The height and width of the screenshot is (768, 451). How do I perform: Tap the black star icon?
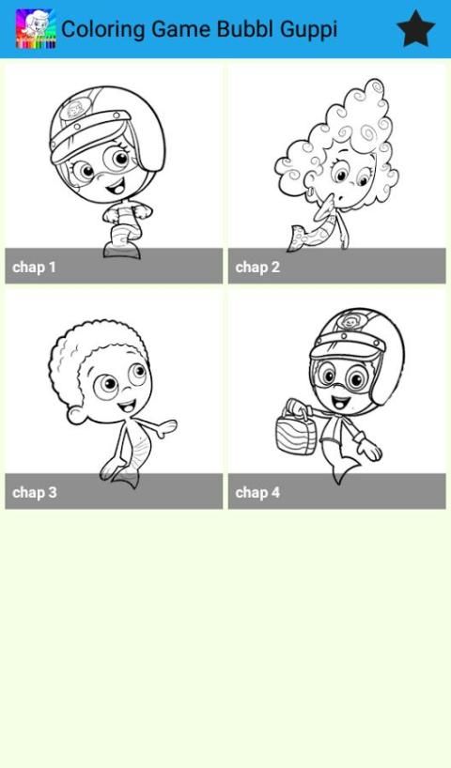415,29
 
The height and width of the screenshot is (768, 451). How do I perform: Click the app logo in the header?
36,29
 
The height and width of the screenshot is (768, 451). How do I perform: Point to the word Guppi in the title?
308,29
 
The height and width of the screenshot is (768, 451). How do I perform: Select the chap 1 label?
34,268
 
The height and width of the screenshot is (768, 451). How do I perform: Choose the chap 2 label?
257,268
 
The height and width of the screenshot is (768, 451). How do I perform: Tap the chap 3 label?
35,492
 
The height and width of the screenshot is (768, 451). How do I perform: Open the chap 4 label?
257,492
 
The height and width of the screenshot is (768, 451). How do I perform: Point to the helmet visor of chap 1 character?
92,133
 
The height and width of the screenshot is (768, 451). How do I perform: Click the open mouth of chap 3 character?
127,407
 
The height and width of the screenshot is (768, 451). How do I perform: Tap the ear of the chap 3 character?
75,415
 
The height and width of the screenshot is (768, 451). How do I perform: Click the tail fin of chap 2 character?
299,238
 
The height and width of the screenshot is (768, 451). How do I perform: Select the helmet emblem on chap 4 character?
349,322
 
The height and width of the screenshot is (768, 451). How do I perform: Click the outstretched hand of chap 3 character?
164,427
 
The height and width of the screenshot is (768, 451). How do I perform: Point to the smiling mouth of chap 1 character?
117,187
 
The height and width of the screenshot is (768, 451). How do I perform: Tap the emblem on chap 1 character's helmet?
74,110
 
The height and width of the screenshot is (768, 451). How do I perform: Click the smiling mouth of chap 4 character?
341,403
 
